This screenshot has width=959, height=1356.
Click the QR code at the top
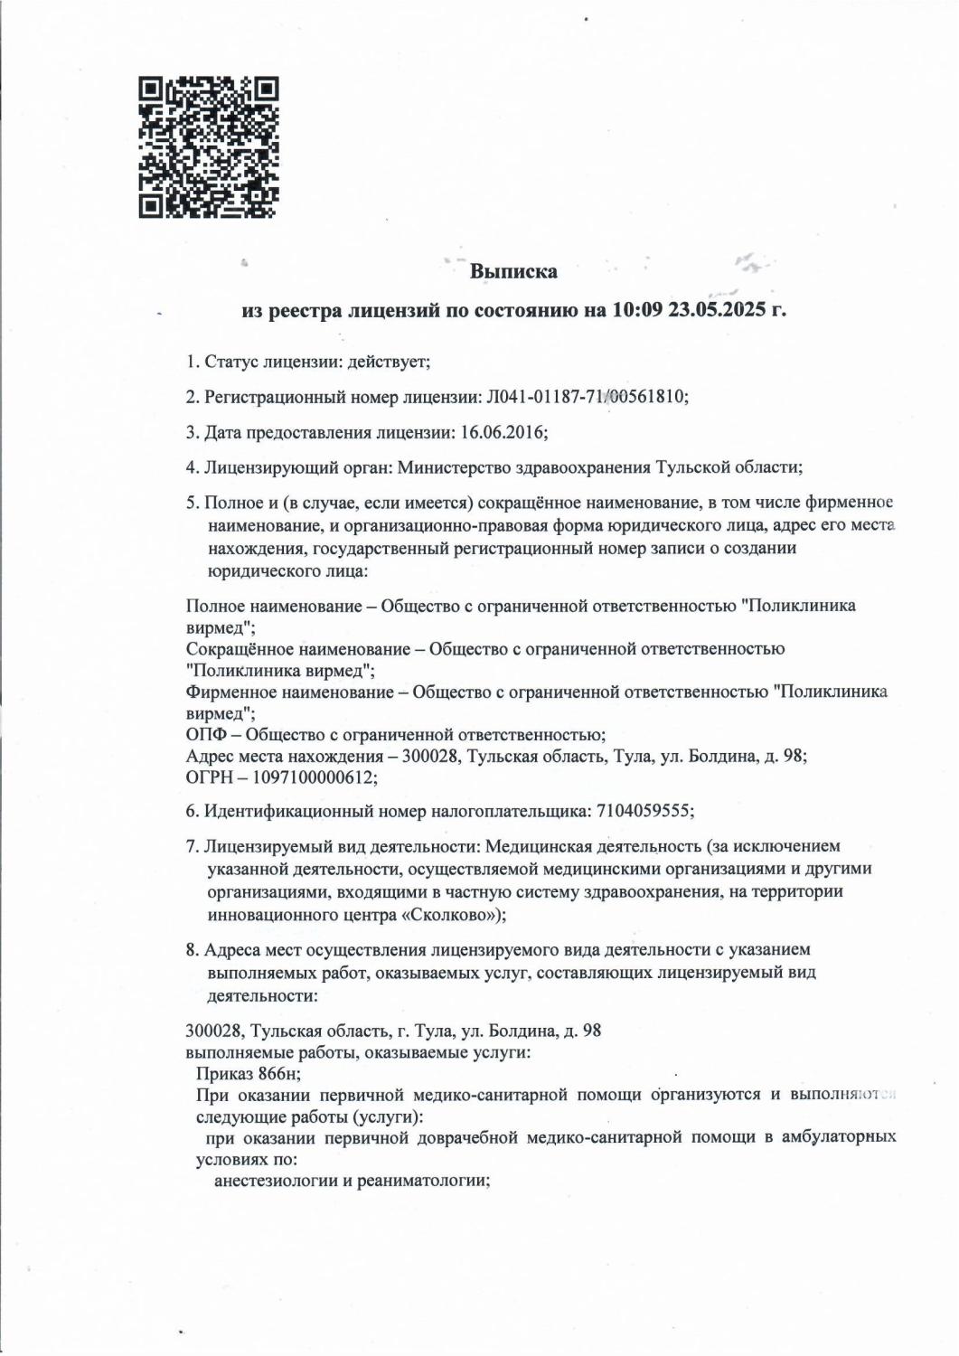click(209, 147)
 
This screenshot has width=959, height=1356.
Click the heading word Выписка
click(514, 271)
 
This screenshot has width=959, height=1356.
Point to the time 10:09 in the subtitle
click(638, 310)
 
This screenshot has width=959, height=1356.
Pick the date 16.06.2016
click(502, 432)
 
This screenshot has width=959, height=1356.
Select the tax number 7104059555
click(644, 811)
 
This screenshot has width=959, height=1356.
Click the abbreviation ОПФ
click(204, 734)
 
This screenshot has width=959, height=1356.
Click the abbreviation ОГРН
click(209, 777)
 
